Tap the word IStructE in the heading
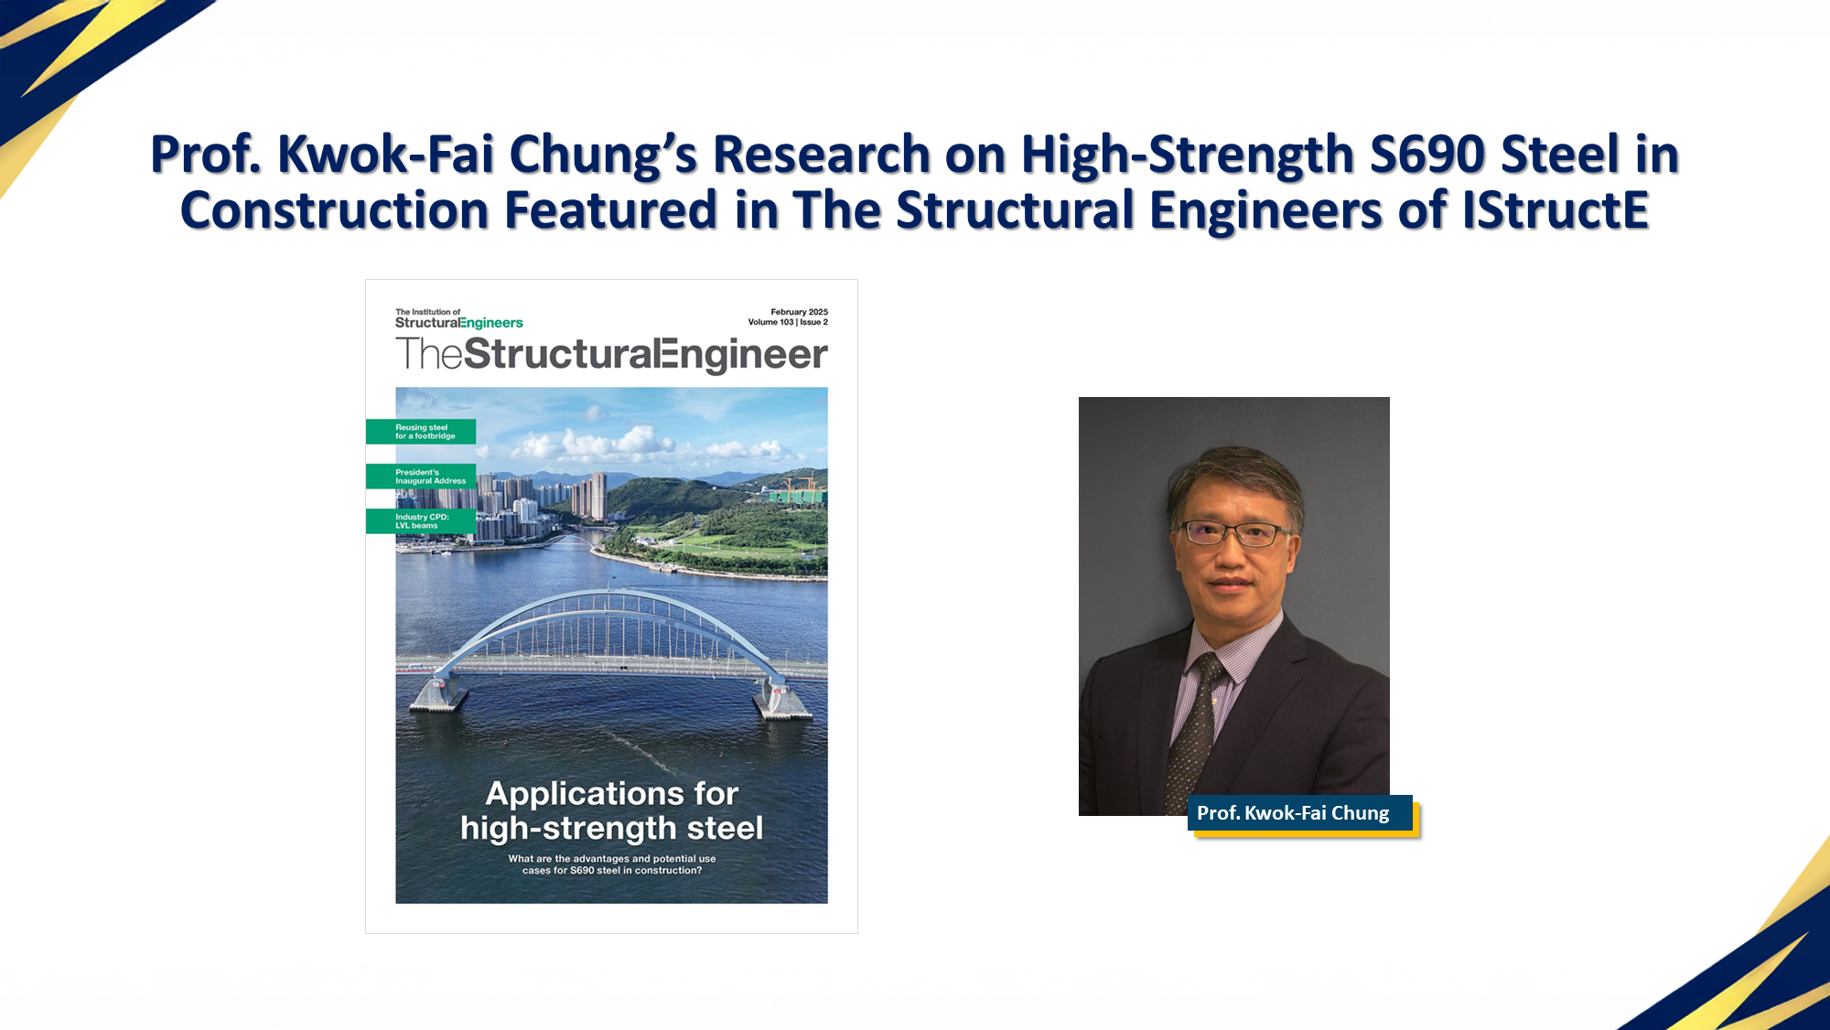pyautogui.click(x=1555, y=210)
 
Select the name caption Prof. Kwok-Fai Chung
pyautogui.click(x=1293, y=813)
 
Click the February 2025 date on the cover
pyautogui.click(x=799, y=312)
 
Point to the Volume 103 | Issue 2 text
pyautogui.click(x=788, y=322)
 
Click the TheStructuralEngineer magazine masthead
pyautogui.click(x=611, y=354)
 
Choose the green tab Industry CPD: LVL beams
pyautogui.click(x=421, y=521)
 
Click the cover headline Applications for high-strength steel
pyautogui.click(x=611, y=810)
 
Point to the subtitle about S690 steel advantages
pyautogui.click(x=611, y=864)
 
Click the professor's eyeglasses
pyautogui.click(x=1233, y=533)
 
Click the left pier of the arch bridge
pyautogui.click(x=436, y=694)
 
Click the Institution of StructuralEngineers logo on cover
pyautogui.click(x=458, y=318)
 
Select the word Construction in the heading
pyautogui.click(x=334, y=210)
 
